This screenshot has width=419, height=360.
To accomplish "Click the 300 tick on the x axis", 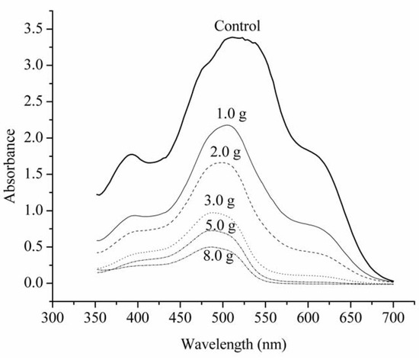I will [x=52, y=314].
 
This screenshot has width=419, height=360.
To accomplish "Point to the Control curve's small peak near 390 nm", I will [x=131, y=154].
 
